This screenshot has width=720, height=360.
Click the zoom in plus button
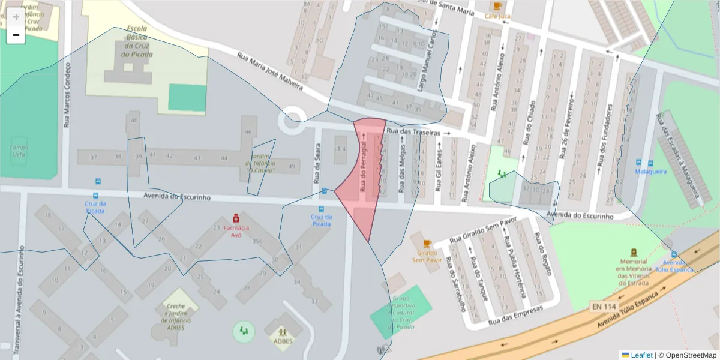16,17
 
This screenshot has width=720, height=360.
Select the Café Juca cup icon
498,5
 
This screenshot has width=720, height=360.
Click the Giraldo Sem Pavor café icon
427,243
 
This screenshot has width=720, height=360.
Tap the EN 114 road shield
604,307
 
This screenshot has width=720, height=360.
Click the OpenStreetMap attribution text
691,355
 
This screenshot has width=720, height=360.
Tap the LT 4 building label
340,149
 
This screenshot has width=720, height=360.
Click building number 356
258,241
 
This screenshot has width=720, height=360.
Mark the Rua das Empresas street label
516,315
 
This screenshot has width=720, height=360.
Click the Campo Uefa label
18,151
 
